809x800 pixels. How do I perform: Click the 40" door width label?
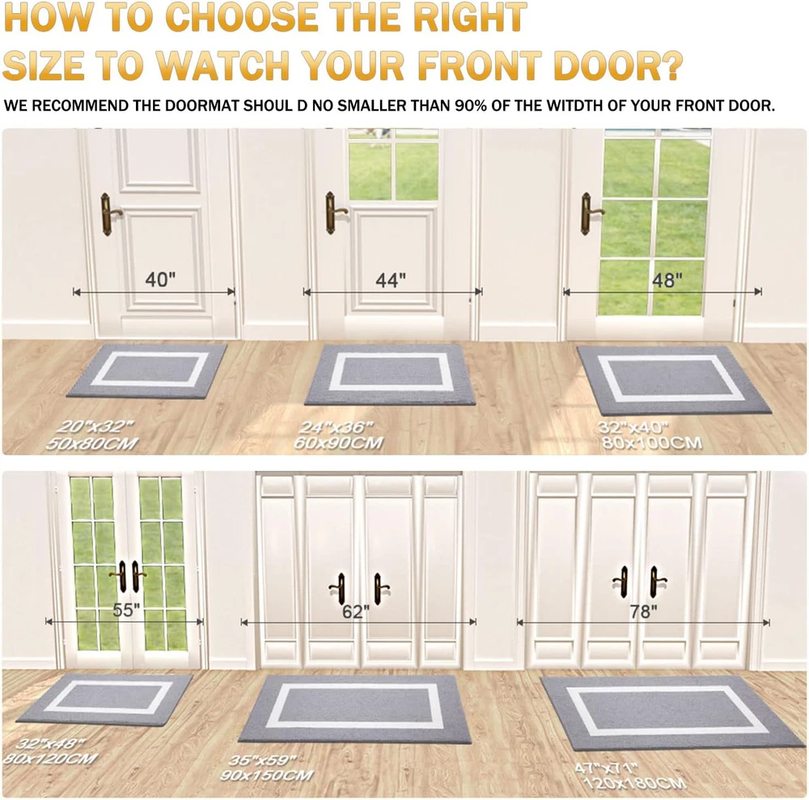coord(160,280)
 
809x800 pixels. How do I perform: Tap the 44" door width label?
coord(391,281)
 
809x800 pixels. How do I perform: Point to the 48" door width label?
coord(667,281)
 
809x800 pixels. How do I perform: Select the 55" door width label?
coord(126,610)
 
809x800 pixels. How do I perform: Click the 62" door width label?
coord(356,612)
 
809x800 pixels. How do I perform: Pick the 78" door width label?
coord(643,612)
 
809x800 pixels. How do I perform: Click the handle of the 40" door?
coord(109,214)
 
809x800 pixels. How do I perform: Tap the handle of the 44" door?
coord(334,213)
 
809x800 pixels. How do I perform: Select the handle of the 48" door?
coord(590,214)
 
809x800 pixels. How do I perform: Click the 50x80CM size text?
coord(92,444)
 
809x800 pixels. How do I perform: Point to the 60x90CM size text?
coord(338,443)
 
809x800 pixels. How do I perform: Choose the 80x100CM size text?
coord(652,443)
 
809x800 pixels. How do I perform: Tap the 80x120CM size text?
coord(50,759)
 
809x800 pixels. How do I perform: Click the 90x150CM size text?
coord(267,775)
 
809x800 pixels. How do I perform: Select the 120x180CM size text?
coord(634,782)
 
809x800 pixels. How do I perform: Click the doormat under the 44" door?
coord(390,375)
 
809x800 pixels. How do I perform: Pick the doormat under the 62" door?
coord(355,709)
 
